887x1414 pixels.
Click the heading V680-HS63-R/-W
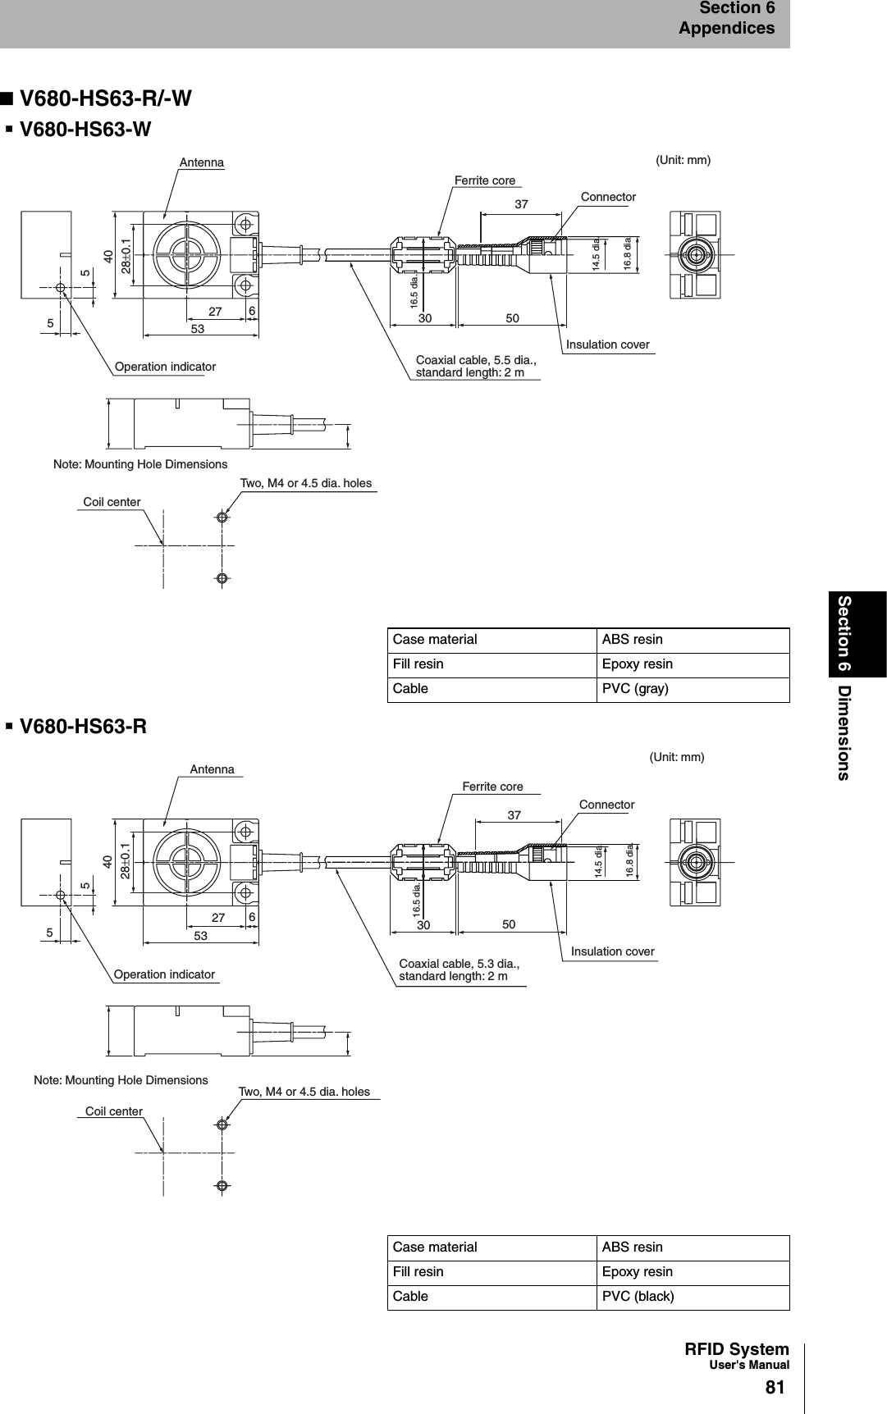(105, 98)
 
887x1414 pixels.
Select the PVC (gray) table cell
(635, 689)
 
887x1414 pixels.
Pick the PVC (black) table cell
(638, 1297)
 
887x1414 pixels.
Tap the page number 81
(775, 1388)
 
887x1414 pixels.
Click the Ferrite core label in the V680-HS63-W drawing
(485, 180)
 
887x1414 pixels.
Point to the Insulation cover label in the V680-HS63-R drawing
(612, 951)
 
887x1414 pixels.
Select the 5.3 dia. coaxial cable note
(459, 969)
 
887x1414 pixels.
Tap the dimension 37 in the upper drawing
(521, 204)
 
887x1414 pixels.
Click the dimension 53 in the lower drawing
(200, 936)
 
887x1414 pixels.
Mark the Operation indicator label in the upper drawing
(165, 367)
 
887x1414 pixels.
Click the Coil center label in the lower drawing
(114, 1111)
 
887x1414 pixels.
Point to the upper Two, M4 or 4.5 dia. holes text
(305, 483)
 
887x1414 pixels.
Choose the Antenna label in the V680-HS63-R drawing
(212, 769)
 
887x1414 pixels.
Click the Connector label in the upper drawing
(608, 197)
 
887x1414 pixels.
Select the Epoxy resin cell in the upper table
(637, 664)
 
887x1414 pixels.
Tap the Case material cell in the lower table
(435, 1248)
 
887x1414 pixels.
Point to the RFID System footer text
(736, 1350)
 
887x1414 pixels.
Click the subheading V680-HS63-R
(83, 727)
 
